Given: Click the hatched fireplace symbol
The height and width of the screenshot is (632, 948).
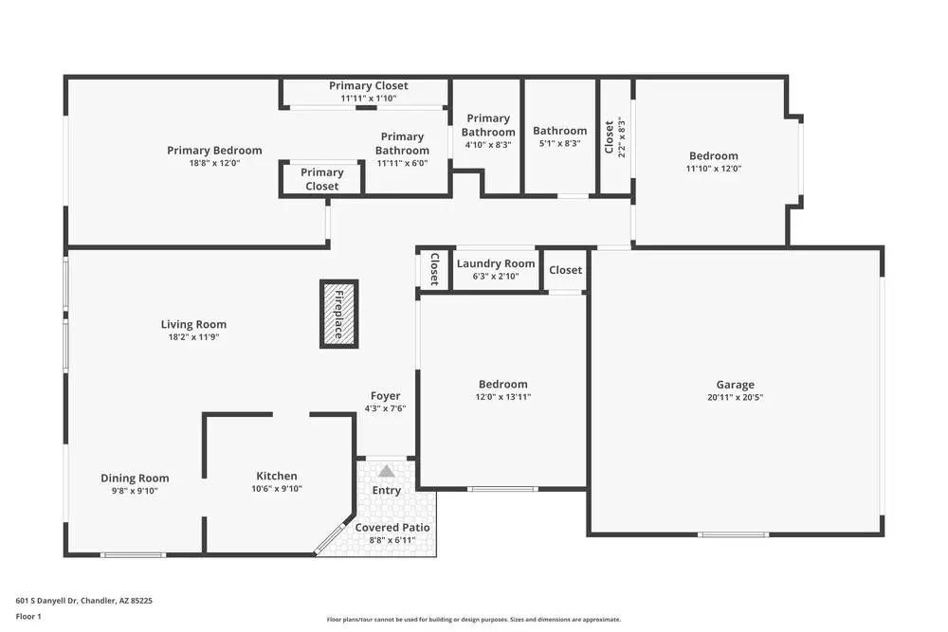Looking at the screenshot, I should coord(339,314).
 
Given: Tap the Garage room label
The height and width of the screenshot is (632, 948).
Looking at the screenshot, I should coord(735,385).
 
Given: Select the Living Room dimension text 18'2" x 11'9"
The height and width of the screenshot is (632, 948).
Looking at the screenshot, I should coord(193,336).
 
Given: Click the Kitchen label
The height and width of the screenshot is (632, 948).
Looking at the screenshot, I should coord(277,476).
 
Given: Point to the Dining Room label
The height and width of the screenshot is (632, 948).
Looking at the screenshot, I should coord(135,479).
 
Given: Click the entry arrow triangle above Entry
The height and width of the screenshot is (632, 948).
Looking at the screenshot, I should coord(386,471).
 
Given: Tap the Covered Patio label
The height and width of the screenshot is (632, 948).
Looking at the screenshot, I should coord(392,527).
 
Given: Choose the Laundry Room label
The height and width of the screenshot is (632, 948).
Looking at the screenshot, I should coord(496,263).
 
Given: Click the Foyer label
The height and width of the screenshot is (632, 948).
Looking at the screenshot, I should coord(385,396).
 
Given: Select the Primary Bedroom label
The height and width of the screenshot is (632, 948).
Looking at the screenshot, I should coord(214,150).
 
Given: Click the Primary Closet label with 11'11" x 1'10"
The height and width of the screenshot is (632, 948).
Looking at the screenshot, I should coord(369,86).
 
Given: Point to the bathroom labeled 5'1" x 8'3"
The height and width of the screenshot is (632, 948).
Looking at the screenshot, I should coord(559,131).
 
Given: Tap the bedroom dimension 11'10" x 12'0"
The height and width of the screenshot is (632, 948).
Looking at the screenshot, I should coord(713,169).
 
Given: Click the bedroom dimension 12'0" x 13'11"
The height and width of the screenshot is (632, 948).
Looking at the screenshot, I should coord(502,397).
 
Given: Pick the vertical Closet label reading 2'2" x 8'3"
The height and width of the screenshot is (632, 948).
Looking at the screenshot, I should coord(609,136).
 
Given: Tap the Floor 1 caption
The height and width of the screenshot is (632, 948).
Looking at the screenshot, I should coord(28,616).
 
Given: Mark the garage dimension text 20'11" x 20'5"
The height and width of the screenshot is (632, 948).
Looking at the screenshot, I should coord(735,398).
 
